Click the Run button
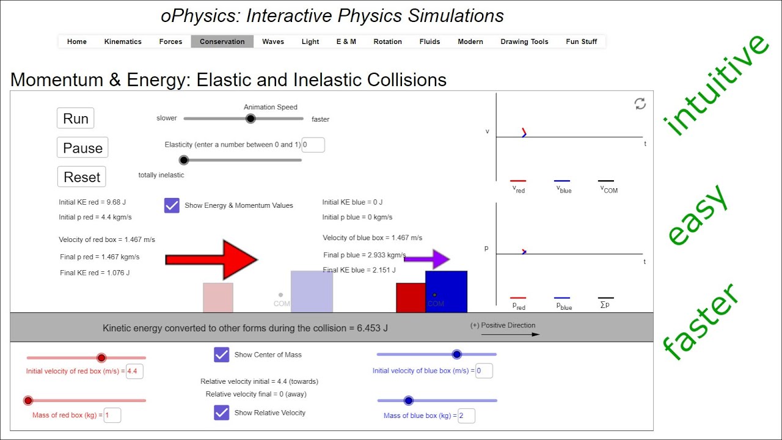(x=76, y=119)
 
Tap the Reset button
(x=82, y=177)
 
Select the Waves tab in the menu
(x=273, y=42)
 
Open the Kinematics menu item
(x=123, y=42)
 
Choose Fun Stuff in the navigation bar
(x=582, y=42)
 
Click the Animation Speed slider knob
(x=250, y=119)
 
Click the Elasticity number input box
(x=313, y=145)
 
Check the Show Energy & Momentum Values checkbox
(x=172, y=205)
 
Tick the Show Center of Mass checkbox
(x=222, y=354)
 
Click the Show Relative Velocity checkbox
(x=222, y=413)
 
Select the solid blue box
(x=447, y=291)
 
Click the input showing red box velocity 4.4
(x=134, y=371)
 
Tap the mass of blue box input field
(x=466, y=416)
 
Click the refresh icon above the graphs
(x=640, y=104)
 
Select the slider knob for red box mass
(x=28, y=401)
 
